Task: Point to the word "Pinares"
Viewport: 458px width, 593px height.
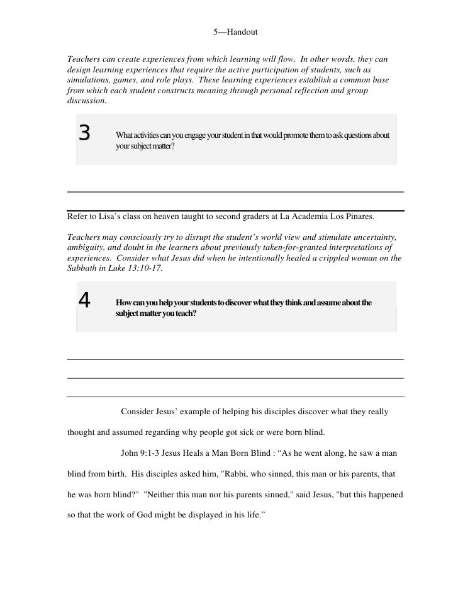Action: [357, 217]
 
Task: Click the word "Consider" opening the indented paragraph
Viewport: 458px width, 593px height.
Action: [138, 412]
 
